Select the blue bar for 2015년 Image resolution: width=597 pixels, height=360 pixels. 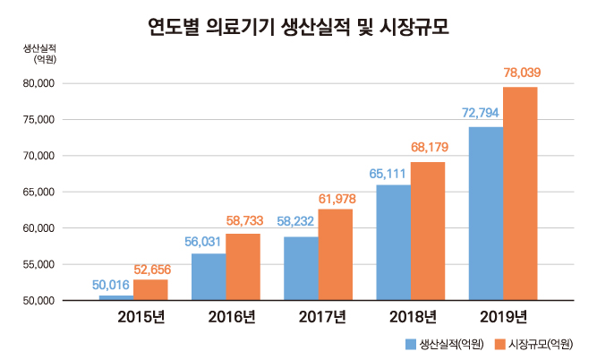point(116,296)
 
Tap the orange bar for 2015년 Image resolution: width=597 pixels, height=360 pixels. point(150,289)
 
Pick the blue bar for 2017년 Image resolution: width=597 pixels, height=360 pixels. point(301,268)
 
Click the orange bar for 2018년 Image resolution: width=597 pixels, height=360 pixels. point(428,230)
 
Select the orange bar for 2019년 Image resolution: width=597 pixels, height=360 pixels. point(520,193)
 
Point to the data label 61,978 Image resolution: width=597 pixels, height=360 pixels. point(338,196)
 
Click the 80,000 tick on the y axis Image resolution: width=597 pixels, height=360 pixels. point(38,83)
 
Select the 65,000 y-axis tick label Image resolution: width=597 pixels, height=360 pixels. point(38,192)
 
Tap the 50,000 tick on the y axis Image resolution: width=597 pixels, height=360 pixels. point(38,300)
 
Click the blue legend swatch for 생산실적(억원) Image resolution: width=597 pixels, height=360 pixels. point(410,343)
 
